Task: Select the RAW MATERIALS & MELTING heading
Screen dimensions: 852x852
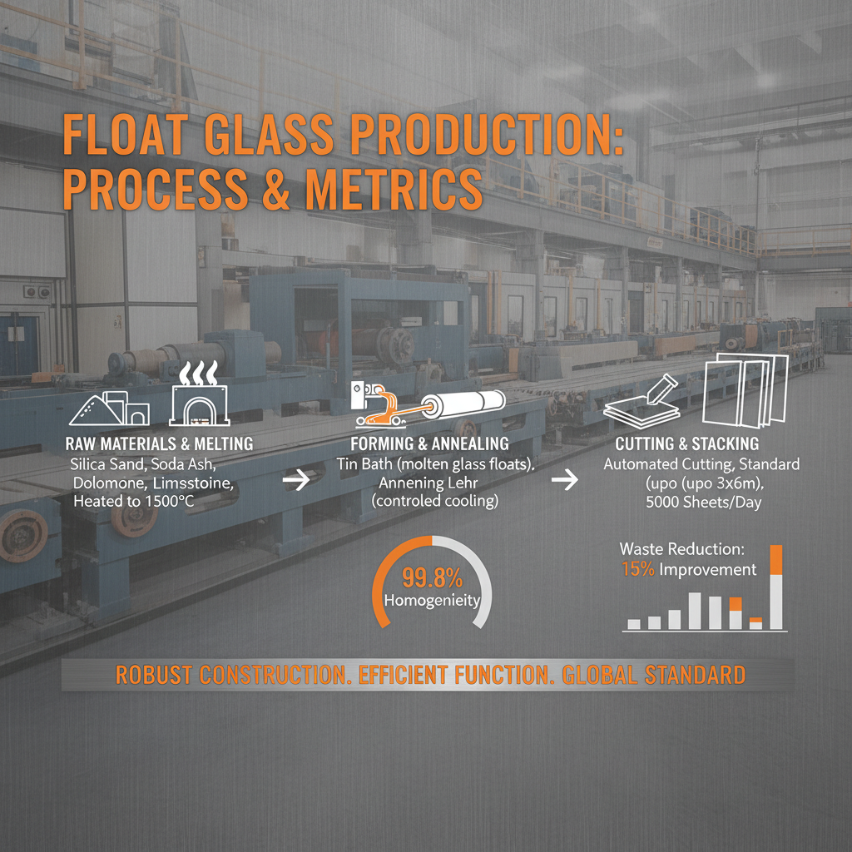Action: tap(158, 445)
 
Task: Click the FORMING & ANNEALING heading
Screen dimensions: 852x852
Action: tap(429, 445)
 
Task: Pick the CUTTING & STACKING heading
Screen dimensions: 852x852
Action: tap(686, 444)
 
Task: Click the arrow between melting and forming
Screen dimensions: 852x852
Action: tap(296, 480)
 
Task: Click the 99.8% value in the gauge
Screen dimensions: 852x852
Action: tap(432, 577)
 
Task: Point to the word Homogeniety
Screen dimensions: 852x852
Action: tap(432, 600)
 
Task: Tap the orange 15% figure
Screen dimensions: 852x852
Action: tap(637, 570)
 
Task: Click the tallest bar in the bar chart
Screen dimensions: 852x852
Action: tap(777, 587)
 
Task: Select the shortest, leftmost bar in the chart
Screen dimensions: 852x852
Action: tap(634, 623)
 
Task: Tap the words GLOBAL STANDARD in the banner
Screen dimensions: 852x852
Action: tap(654, 674)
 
